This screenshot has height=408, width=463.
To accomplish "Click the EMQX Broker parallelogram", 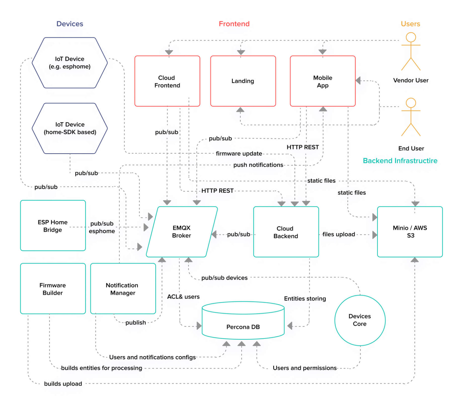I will click(182, 232).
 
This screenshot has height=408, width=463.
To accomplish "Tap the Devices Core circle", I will click(360, 320).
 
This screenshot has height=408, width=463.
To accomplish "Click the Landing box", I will click(243, 81).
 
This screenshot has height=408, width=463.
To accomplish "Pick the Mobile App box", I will click(323, 81).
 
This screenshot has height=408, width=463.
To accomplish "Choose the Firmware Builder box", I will click(53, 289).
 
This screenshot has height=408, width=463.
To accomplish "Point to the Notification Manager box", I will click(123, 289).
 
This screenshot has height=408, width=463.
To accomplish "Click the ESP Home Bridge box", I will click(53, 226).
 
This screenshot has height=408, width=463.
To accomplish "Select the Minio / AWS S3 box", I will click(410, 232).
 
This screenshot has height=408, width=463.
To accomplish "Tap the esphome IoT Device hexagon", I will click(69, 63).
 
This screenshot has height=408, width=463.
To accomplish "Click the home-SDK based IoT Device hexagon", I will click(69, 128).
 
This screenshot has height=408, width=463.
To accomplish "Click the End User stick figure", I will click(410, 117).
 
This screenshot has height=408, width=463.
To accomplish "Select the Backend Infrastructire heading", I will click(400, 161).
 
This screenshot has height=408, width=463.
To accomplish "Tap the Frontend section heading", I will click(234, 24).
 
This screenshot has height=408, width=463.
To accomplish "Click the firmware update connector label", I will click(239, 154).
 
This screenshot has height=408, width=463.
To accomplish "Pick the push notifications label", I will click(258, 165).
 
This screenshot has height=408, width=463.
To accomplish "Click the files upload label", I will click(338, 234).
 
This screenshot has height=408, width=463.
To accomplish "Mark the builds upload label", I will click(63, 384).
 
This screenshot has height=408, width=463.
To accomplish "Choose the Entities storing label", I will click(305, 299).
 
